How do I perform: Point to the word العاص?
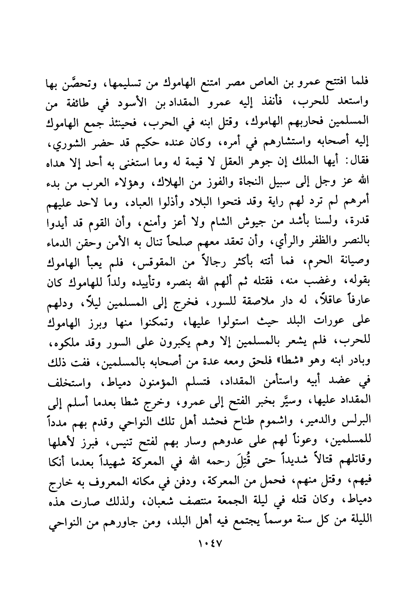252,81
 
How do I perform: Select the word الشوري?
64,144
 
